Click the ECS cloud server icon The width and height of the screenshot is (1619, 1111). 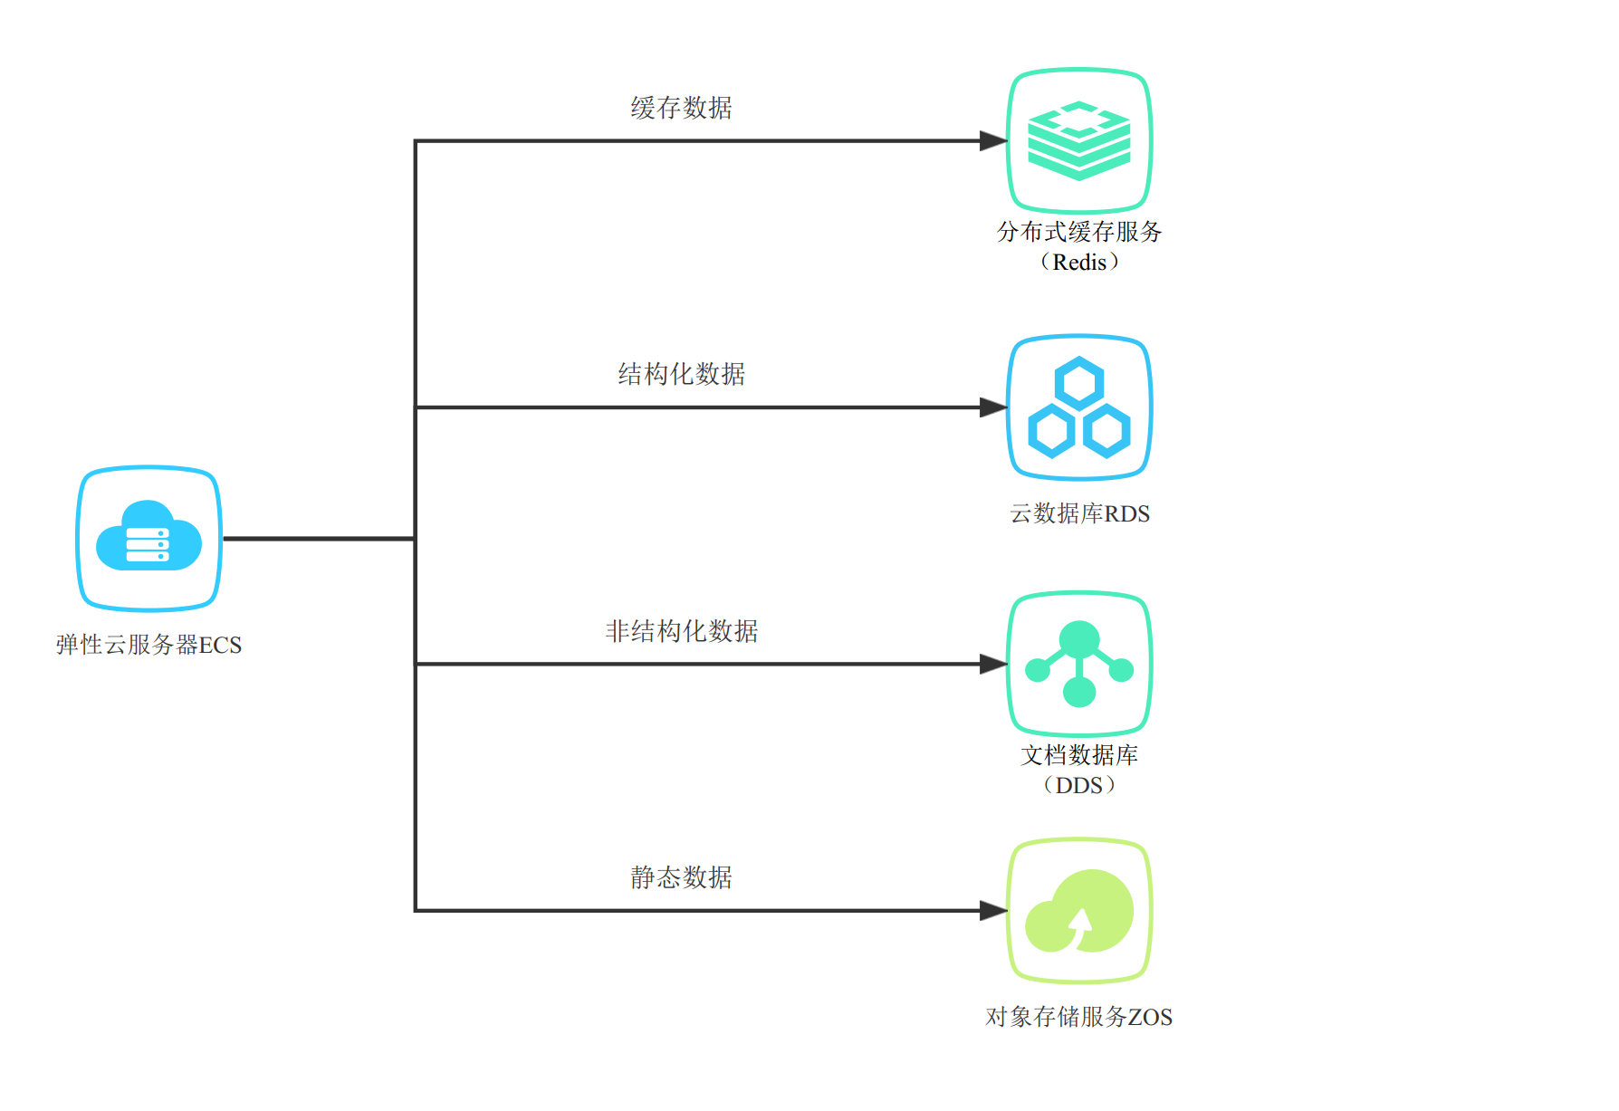pyautogui.click(x=149, y=538)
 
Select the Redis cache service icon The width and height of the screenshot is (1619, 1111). pyautogui.click(x=1078, y=140)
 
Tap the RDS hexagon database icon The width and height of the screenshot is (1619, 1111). pyautogui.click(x=1078, y=407)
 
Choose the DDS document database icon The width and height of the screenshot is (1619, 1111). pyautogui.click(x=1078, y=664)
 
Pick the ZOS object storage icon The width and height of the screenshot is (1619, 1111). pyautogui.click(x=1078, y=911)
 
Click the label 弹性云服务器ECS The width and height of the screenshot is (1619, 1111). pyautogui.click(x=149, y=645)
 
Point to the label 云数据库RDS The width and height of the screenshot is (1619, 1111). pyautogui.click(x=1079, y=513)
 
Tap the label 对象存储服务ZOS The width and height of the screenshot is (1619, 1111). pyautogui.click(x=1078, y=1017)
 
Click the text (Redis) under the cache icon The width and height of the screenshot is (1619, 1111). pyautogui.click(x=1079, y=263)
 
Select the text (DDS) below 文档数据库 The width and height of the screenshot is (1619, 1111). pyautogui.click(x=1079, y=785)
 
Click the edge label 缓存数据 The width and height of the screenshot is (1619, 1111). pyautogui.click(x=681, y=108)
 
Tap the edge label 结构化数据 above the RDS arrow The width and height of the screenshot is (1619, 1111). pyautogui.click(x=681, y=374)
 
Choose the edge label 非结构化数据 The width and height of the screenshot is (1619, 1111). pyautogui.click(x=681, y=631)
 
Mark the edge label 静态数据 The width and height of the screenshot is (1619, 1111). pyautogui.click(x=681, y=877)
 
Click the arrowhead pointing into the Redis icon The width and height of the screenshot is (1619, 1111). pyautogui.click(x=993, y=140)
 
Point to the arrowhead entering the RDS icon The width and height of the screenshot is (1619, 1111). pyautogui.click(x=993, y=407)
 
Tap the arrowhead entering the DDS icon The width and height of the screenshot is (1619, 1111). pyautogui.click(x=993, y=664)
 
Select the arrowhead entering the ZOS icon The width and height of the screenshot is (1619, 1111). pyautogui.click(x=993, y=911)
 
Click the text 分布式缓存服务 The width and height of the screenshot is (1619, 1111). pyautogui.click(x=1079, y=232)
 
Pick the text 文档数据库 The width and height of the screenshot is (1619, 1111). pyautogui.click(x=1079, y=755)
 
